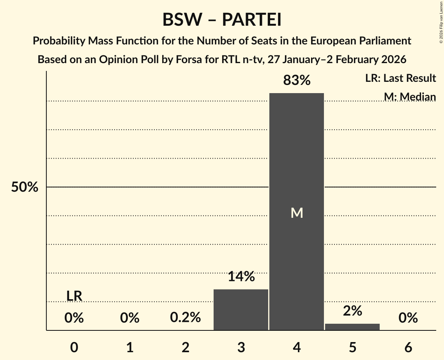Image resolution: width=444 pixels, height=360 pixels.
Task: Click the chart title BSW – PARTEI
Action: click(x=222, y=20)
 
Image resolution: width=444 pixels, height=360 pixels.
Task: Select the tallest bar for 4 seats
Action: click(x=297, y=156)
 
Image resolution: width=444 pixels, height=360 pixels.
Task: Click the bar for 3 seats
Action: click(x=241, y=310)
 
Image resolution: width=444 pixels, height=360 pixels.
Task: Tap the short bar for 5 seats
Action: click(x=352, y=327)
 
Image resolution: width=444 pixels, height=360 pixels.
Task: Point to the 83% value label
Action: click(x=297, y=81)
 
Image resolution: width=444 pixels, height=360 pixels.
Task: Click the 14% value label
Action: click(x=241, y=277)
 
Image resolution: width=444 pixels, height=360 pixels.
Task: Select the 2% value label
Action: click(x=352, y=311)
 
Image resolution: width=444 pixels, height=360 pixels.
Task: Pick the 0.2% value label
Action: click(x=186, y=318)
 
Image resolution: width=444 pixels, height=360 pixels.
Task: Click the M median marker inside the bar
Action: click(x=297, y=213)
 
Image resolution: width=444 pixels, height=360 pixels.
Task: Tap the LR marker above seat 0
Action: click(x=74, y=296)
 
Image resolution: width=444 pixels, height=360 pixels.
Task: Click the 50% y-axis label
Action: click(x=25, y=187)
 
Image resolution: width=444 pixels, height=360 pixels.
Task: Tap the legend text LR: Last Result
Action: click(x=400, y=78)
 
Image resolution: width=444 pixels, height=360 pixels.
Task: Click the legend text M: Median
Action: click(x=409, y=97)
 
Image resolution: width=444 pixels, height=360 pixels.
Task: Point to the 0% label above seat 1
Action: click(x=130, y=318)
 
